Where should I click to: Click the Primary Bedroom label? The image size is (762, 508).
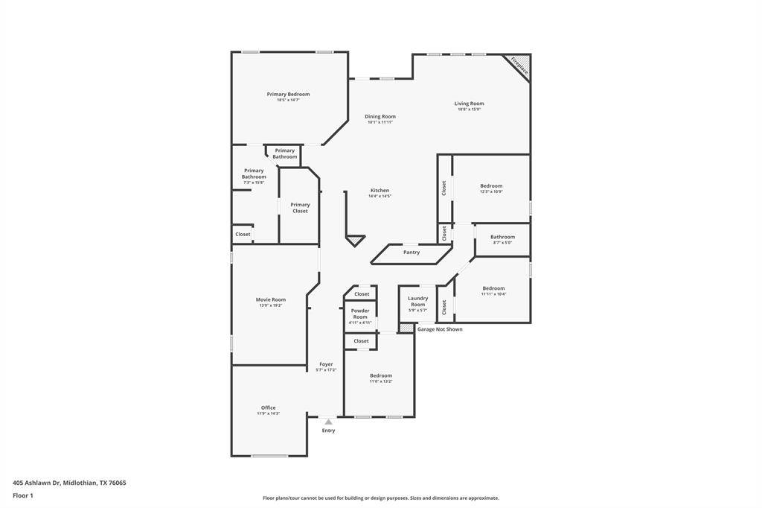(288, 95)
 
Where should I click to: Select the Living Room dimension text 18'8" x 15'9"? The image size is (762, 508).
(470, 109)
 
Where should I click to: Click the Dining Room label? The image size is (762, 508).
(380, 116)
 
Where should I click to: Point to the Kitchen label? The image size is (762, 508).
(380, 190)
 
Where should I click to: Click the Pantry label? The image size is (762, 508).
(412, 253)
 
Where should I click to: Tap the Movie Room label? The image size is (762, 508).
(270, 299)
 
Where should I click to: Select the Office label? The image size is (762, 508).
(269, 407)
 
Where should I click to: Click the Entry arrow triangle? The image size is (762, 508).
(328, 422)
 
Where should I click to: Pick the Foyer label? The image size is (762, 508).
(326, 364)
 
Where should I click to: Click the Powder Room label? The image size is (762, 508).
(360, 314)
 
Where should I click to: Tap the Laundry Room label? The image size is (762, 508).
(417, 301)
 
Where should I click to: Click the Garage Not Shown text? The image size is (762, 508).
(440, 329)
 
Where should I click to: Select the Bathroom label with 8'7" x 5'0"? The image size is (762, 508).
(502, 237)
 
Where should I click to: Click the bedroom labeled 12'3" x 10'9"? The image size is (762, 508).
(491, 186)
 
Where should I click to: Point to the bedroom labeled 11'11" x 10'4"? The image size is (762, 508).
(493, 288)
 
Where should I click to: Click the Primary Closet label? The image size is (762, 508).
(300, 208)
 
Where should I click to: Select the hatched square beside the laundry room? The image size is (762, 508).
(406, 328)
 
